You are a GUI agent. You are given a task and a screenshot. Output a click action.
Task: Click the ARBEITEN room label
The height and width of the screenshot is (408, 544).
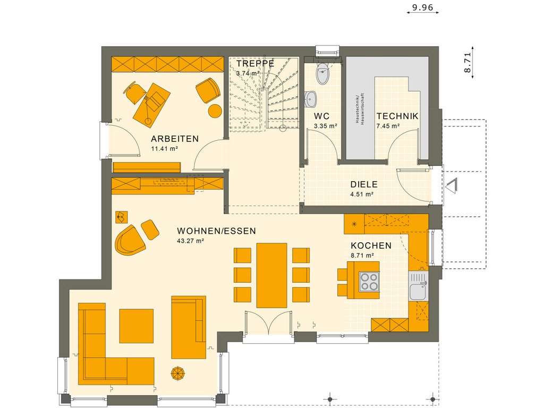(175, 139)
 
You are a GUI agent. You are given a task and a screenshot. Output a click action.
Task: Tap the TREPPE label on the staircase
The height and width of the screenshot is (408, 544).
(255, 63)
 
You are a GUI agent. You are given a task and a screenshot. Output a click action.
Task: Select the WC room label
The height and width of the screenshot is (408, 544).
(322, 116)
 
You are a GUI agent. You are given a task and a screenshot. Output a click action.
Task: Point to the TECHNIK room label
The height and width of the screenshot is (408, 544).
(397, 116)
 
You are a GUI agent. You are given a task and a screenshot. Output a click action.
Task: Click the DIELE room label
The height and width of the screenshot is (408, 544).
(364, 184)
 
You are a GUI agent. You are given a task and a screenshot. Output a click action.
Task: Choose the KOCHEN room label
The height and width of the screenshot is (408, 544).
(371, 245)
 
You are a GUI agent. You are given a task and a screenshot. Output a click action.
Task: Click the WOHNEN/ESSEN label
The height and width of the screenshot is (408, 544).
(216, 231)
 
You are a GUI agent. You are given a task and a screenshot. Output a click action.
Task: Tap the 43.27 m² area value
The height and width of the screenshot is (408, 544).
(191, 241)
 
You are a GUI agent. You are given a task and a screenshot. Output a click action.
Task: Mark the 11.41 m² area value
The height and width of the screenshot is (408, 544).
(164, 149)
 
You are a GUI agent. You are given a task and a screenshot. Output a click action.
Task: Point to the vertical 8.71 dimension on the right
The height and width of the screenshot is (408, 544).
(467, 63)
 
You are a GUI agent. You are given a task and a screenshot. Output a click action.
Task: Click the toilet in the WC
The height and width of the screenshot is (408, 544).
(322, 75)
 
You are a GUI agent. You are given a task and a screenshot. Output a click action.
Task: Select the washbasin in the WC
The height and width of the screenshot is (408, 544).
(311, 98)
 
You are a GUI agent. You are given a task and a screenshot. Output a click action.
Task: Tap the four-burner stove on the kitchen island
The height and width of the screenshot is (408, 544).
(370, 282)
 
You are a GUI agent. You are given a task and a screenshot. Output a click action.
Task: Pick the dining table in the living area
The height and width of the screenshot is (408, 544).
(271, 275)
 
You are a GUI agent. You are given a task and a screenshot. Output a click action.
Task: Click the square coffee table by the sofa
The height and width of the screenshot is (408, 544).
(136, 326)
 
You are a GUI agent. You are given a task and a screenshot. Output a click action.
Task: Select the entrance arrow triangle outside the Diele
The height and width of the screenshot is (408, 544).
(452, 185)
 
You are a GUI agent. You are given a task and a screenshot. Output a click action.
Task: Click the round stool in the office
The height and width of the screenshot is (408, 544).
(215, 111)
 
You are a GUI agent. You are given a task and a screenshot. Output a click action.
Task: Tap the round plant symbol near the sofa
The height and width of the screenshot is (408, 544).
(177, 373)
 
